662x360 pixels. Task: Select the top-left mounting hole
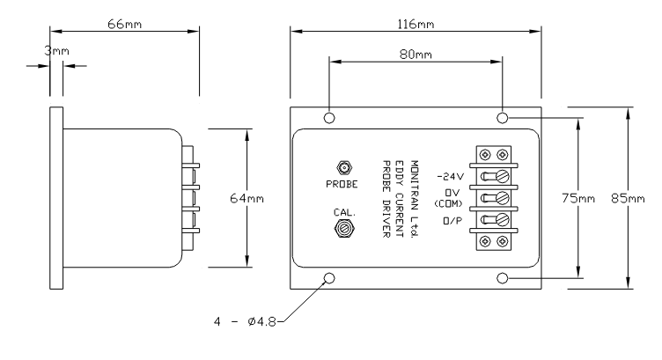pyautogui.click(x=329, y=118)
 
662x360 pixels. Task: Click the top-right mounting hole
pyautogui.click(x=502, y=118)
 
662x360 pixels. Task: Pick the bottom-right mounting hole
pyautogui.click(x=502, y=279)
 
